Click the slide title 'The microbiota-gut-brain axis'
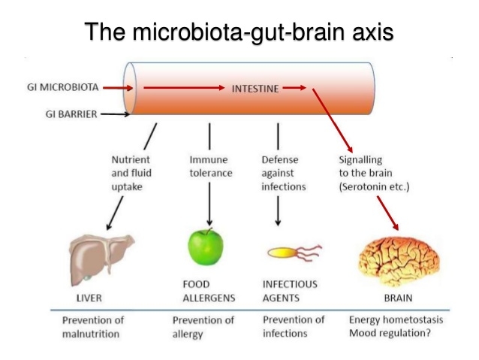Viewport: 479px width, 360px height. click(x=239, y=32)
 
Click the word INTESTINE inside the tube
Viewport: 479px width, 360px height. click(x=255, y=88)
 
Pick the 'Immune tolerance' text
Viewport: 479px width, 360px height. click(x=210, y=166)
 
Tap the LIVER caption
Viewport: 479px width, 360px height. click(x=89, y=297)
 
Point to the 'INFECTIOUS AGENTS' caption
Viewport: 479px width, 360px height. click(x=290, y=290)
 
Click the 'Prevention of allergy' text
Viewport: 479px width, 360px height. click(x=203, y=326)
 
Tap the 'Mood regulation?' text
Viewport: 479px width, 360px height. click(x=390, y=333)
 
